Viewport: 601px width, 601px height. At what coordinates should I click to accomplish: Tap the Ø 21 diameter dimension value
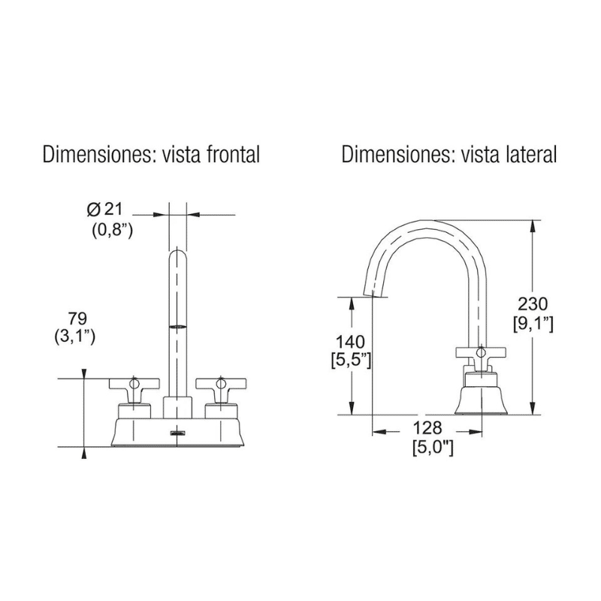(x=104, y=210)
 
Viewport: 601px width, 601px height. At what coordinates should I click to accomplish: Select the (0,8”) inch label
(x=112, y=231)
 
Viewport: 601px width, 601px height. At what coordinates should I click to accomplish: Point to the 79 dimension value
(x=77, y=318)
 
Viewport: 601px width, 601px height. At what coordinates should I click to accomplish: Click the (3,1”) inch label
(x=75, y=337)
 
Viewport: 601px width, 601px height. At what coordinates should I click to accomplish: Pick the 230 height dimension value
(x=533, y=304)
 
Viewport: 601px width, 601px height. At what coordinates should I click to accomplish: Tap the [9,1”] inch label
(x=533, y=324)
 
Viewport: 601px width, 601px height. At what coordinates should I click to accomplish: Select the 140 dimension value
(x=350, y=341)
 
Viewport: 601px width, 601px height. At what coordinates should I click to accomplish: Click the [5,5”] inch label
(x=351, y=361)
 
